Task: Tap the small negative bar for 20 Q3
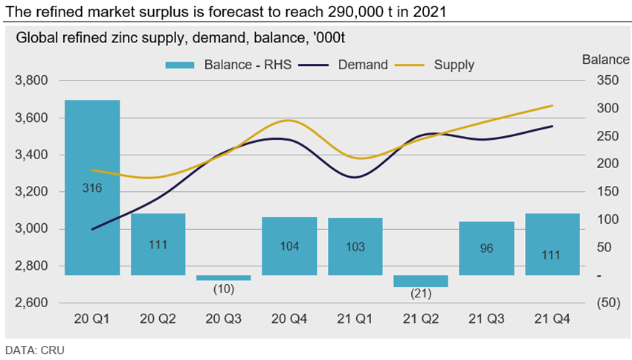tap(223, 277)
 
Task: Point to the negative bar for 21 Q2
tap(421, 281)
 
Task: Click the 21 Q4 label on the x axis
tap(552, 318)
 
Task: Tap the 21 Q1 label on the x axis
tap(355, 318)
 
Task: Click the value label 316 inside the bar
tap(92, 188)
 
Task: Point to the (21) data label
tap(421, 293)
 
